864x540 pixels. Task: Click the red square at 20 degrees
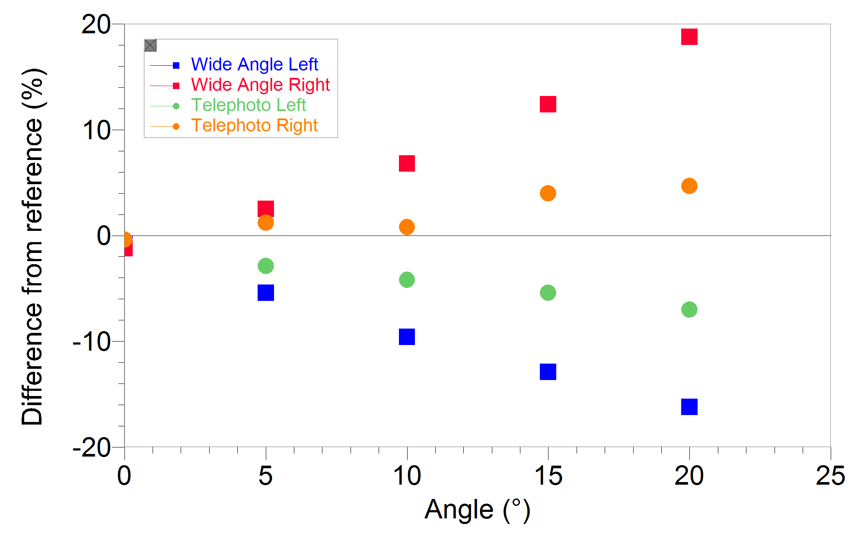689,37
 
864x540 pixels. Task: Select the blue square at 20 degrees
689,407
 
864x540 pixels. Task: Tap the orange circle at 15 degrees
548,193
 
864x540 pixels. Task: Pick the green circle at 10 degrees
407,280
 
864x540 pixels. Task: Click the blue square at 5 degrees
265,293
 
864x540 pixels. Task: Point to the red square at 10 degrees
407,163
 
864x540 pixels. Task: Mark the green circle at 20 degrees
689,310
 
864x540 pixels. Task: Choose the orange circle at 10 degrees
407,227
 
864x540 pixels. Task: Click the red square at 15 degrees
548,104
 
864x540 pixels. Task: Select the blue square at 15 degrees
548,372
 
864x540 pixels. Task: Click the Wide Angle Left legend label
254,64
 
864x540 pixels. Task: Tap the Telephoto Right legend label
254,125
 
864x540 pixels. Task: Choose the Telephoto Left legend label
249,105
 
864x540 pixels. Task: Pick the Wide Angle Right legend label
260,85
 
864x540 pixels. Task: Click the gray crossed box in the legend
150,45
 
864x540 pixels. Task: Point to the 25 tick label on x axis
830,476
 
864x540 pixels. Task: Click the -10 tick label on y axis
92,342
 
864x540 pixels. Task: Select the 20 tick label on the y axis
96,25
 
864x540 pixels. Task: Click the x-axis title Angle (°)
477,510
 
